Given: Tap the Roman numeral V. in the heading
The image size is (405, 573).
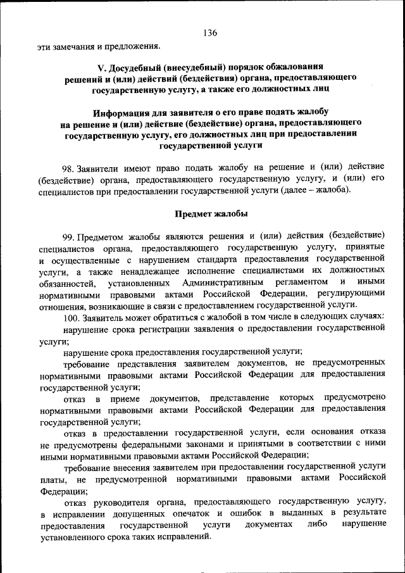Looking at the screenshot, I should (x=101, y=66).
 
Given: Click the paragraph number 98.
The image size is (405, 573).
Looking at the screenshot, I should (x=68, y=169).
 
